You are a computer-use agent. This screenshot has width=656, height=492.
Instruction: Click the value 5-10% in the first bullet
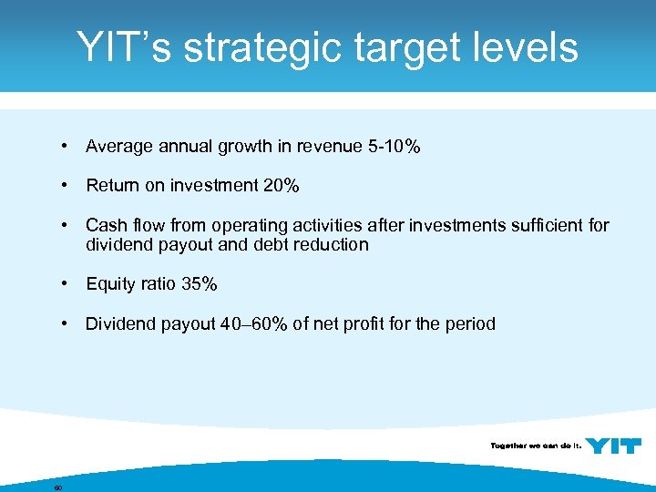coord(395,146)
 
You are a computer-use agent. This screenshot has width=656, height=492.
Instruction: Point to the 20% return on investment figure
coord(281,186)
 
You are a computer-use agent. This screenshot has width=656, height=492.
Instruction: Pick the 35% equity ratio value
coord(199,284)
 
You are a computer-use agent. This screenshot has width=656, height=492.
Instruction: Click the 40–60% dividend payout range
coord(254,323)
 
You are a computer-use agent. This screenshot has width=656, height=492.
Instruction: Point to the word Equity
coord(110,284)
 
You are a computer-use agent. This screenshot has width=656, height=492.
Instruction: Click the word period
coord(468,323)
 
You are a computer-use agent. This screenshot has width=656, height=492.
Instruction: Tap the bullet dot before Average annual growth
coord(66,146)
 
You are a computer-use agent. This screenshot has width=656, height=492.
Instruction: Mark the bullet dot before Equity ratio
coord(66,284)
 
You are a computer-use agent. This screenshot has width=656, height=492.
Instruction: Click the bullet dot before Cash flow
coord(66,225)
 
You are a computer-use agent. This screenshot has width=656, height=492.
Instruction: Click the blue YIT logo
coord(613,446)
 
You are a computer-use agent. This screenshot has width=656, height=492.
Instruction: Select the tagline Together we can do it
coord(536,446)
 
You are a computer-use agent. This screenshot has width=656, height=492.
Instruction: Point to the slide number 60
coord(57,487)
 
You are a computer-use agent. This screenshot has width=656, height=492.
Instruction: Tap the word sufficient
coord(543,225)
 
